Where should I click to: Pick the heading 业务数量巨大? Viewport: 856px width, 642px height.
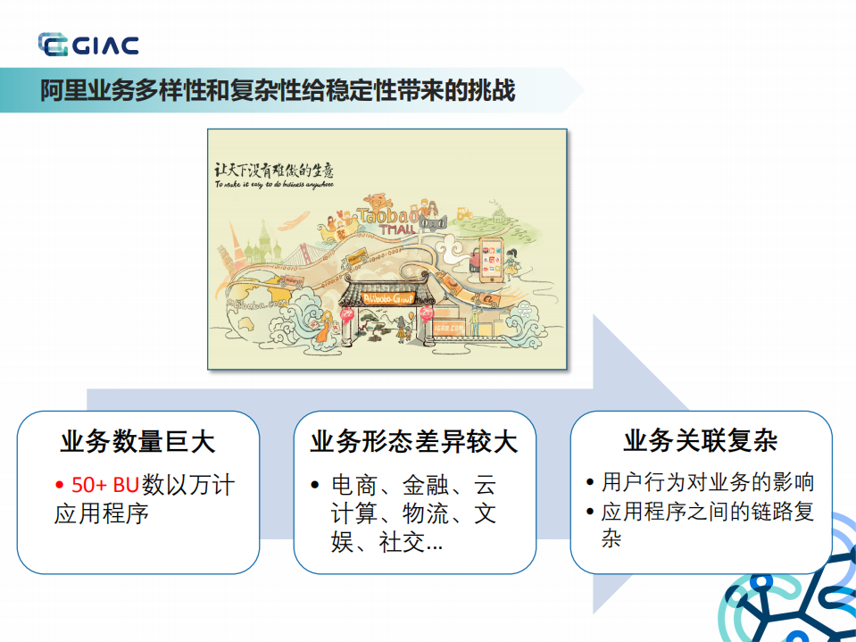pos(137,442)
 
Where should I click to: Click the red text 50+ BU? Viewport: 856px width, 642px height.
pos(105,485)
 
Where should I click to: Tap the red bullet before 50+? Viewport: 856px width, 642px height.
pos(59,485)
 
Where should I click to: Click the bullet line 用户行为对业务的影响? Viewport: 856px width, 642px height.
pos(708,483)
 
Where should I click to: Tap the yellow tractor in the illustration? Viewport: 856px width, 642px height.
pos(464,214)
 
